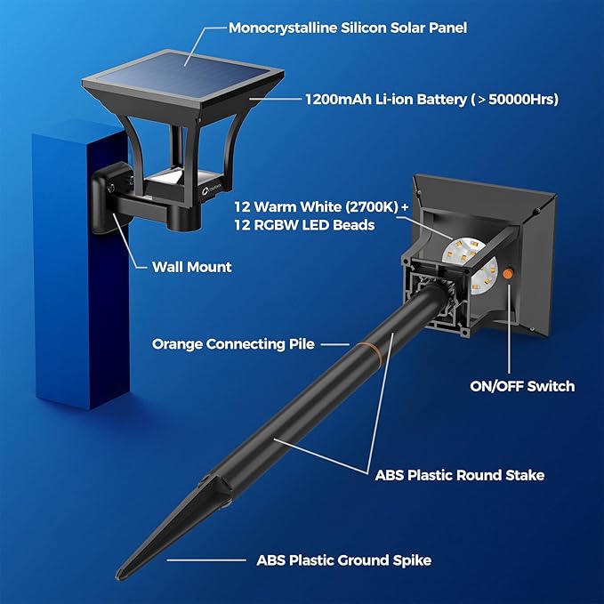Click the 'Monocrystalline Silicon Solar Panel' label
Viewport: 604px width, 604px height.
coord(348,28)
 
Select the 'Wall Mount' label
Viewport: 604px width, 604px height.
coord(191,267)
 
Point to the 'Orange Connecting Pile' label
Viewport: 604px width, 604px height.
coord(233,344)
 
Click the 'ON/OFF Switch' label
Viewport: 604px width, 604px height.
coord(522,386)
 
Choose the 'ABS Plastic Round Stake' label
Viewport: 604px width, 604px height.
coord(460,475)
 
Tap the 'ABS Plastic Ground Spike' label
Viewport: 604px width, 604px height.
coord(343,560)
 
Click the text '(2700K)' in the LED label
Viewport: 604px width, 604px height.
coord(371,207)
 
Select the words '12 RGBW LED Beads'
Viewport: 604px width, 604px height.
coord(304,225)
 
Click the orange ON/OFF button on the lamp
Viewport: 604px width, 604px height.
coord(508,273)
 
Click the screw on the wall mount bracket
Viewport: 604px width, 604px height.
coord(111,188)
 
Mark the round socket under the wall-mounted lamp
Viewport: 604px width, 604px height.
coord(185,220)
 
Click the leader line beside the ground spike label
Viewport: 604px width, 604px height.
coord(206,560)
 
